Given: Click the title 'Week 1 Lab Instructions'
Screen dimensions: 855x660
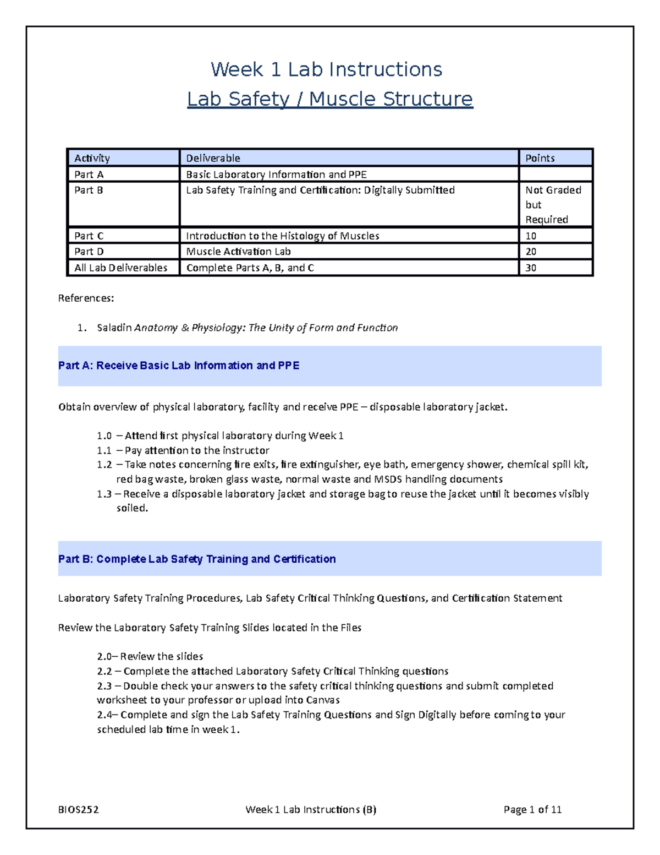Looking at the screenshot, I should point(326,69).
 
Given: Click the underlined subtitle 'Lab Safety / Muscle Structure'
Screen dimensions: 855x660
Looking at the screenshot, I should point(329,99).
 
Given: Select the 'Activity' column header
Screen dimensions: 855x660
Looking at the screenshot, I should point(92,158).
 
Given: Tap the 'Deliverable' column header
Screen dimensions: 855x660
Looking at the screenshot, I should point(213,158).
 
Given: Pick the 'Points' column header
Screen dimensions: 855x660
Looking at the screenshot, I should point(540,158).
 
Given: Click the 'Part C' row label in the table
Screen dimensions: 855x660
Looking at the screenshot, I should point(89,236).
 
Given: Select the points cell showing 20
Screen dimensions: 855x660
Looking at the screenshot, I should point(531,252).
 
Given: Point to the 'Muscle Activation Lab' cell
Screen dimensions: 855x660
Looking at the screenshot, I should point(238,252).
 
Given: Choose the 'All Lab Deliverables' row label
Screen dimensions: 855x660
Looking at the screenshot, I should point(120,268).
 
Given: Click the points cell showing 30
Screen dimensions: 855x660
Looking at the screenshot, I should point(531,268).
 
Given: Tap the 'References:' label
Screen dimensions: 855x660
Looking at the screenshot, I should point(86,298).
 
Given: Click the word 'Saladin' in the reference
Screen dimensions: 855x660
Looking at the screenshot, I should point(114,328).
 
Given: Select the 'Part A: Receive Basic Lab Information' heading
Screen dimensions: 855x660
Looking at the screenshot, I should point(179,366).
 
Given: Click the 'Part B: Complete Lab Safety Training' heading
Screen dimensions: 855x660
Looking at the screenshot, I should point(197,559).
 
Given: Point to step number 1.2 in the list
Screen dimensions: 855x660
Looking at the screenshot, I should point(104,465).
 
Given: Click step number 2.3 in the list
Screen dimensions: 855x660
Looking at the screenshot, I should point(104,686).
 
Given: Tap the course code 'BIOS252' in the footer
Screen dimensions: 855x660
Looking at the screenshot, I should point(78,809).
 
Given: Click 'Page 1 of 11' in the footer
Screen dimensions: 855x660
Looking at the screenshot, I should point(532,809).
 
